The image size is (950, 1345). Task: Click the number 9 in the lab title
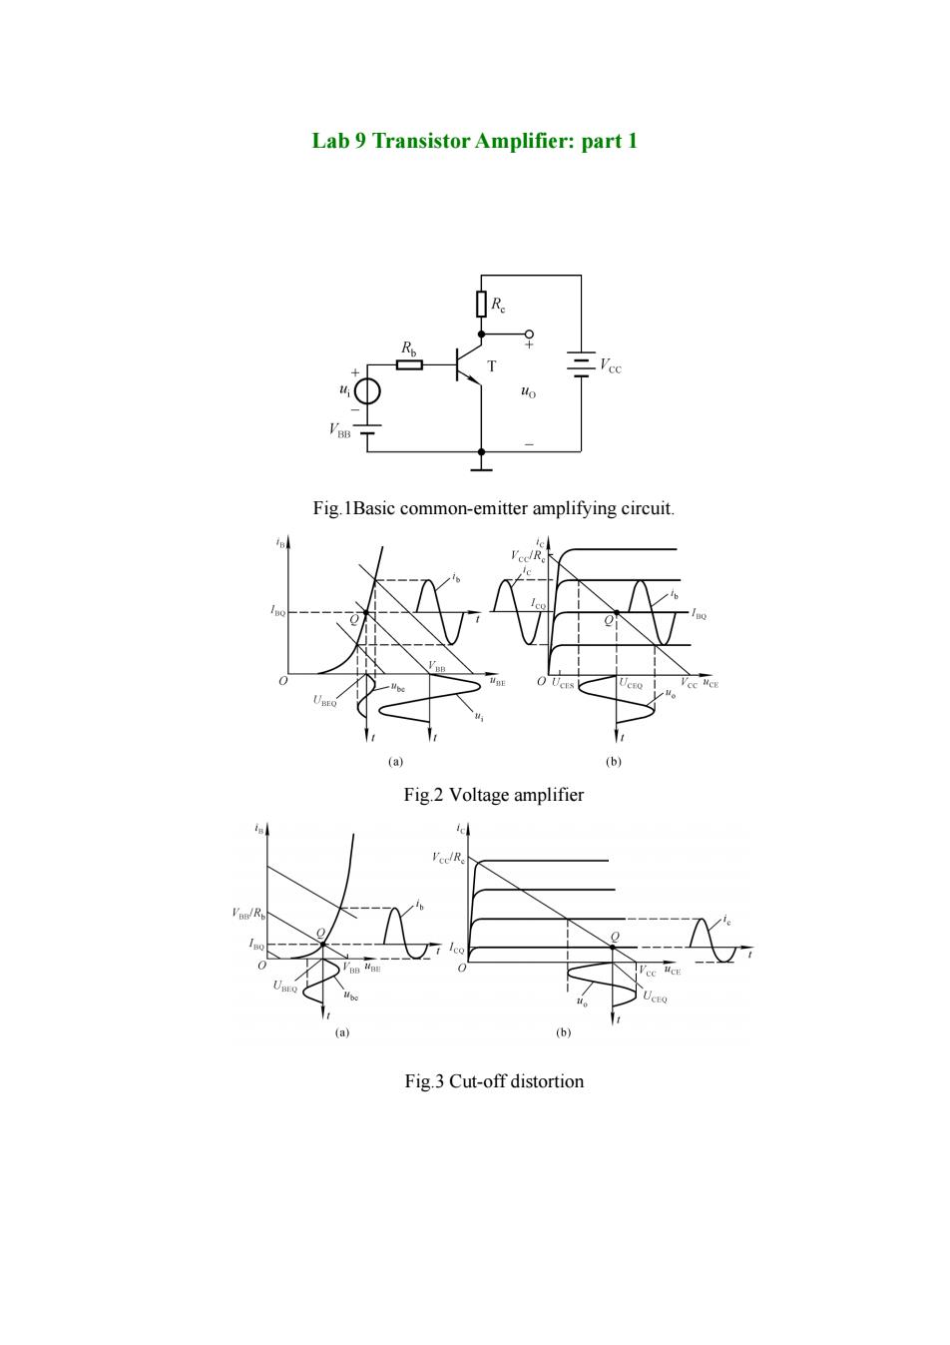[359, 141]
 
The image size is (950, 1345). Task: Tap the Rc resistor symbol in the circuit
[481, 304]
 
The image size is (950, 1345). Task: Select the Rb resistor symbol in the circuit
[409, 364]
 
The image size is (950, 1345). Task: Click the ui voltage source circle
[366, 392]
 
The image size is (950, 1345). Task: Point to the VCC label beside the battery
[611, 365]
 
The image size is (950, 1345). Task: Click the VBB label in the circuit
[339, 430]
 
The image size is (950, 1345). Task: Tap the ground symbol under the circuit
[481, 466]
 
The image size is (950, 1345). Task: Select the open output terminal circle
[529, 334]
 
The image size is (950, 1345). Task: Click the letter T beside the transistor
[492, 365]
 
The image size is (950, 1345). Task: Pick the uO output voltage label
[528, 392]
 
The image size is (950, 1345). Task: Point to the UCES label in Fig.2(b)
[563, 683]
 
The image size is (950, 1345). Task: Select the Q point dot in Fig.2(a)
[365, 612]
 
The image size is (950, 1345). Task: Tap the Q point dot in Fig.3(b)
[613, 947]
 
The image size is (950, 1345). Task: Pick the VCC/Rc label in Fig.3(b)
[448, 858]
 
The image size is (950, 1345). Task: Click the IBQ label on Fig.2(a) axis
[277, 612]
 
